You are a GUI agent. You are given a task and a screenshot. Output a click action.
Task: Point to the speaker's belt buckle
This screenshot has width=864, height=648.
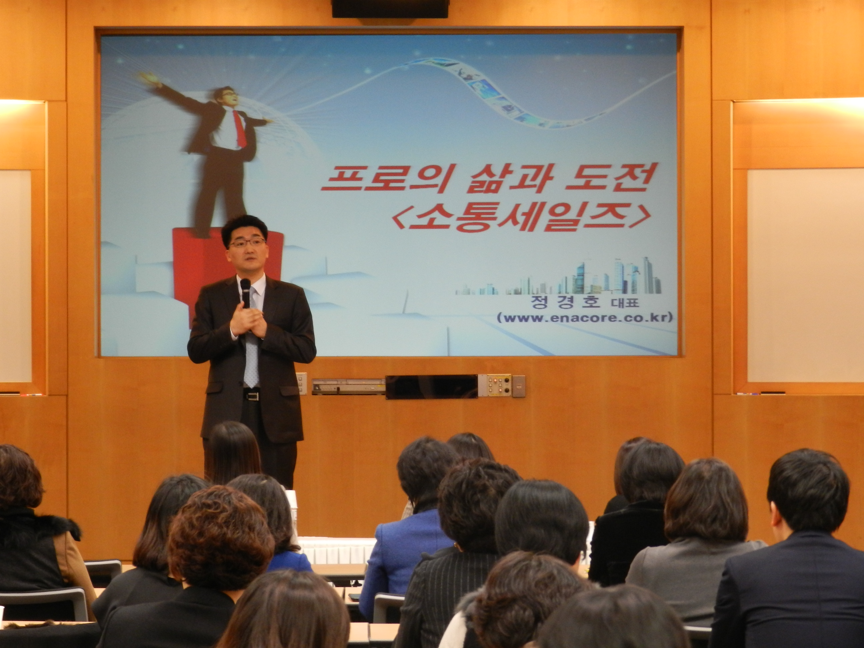pyautogui.click(x=252, y=396)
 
